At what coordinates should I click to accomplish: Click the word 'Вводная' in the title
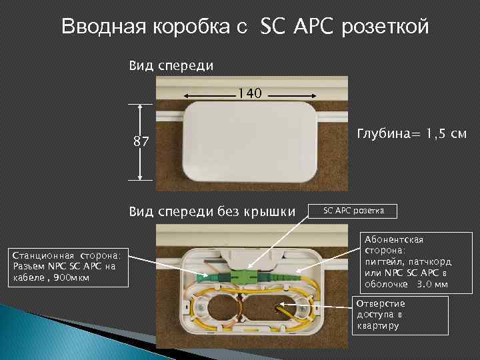coord(98,27)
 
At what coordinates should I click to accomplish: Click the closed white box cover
coord(250,142)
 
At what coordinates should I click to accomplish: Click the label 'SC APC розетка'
coord(353,211)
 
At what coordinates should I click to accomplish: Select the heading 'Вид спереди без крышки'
coord(212,212)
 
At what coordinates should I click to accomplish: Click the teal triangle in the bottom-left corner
coord(27,333)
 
